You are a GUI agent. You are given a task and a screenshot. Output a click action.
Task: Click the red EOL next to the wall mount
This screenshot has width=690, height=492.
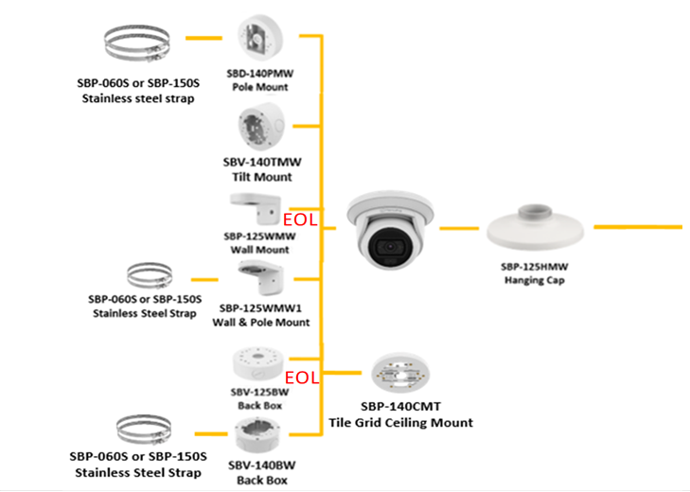click(299, 220)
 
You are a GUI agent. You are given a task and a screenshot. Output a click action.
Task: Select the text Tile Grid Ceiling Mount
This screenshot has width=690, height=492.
click(400, 423)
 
